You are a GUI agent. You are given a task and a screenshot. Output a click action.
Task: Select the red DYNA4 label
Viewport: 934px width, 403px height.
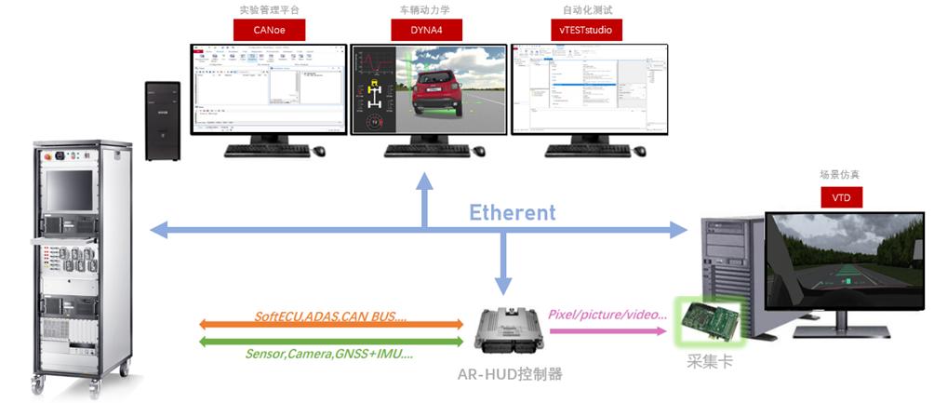point(429,30)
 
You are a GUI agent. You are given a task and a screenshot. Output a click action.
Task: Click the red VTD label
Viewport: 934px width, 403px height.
point(841,197)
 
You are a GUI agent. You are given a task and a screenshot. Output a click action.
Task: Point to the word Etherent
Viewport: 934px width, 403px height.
point(512,212)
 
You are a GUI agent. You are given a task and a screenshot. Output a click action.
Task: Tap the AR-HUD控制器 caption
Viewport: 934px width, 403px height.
point(510,374)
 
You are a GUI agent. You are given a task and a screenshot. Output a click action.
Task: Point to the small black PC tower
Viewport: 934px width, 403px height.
point(162,121)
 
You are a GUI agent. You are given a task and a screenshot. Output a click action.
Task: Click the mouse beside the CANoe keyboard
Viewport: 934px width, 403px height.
point(320,151)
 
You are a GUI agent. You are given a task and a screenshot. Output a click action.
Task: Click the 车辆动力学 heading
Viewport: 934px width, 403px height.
point(428,10)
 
